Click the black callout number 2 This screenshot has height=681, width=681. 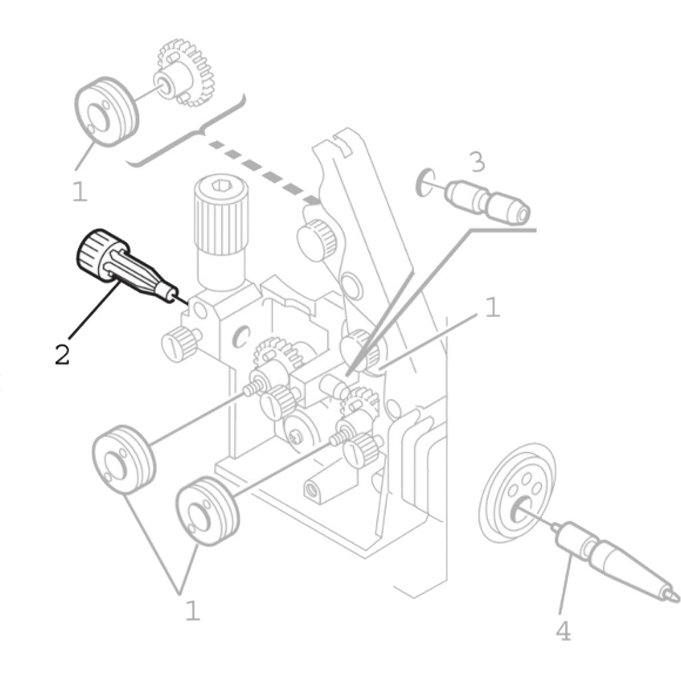pos(62,354)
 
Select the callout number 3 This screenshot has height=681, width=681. pos(476,162)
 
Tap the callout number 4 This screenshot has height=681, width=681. pos(563,631)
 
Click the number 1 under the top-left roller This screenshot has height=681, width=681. pos(79,192)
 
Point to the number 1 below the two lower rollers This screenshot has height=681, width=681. pos(192,610)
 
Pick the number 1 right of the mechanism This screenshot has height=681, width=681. pos(491,308)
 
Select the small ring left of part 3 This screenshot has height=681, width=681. pos(422,182)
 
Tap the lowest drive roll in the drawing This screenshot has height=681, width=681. pos(207,511)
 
